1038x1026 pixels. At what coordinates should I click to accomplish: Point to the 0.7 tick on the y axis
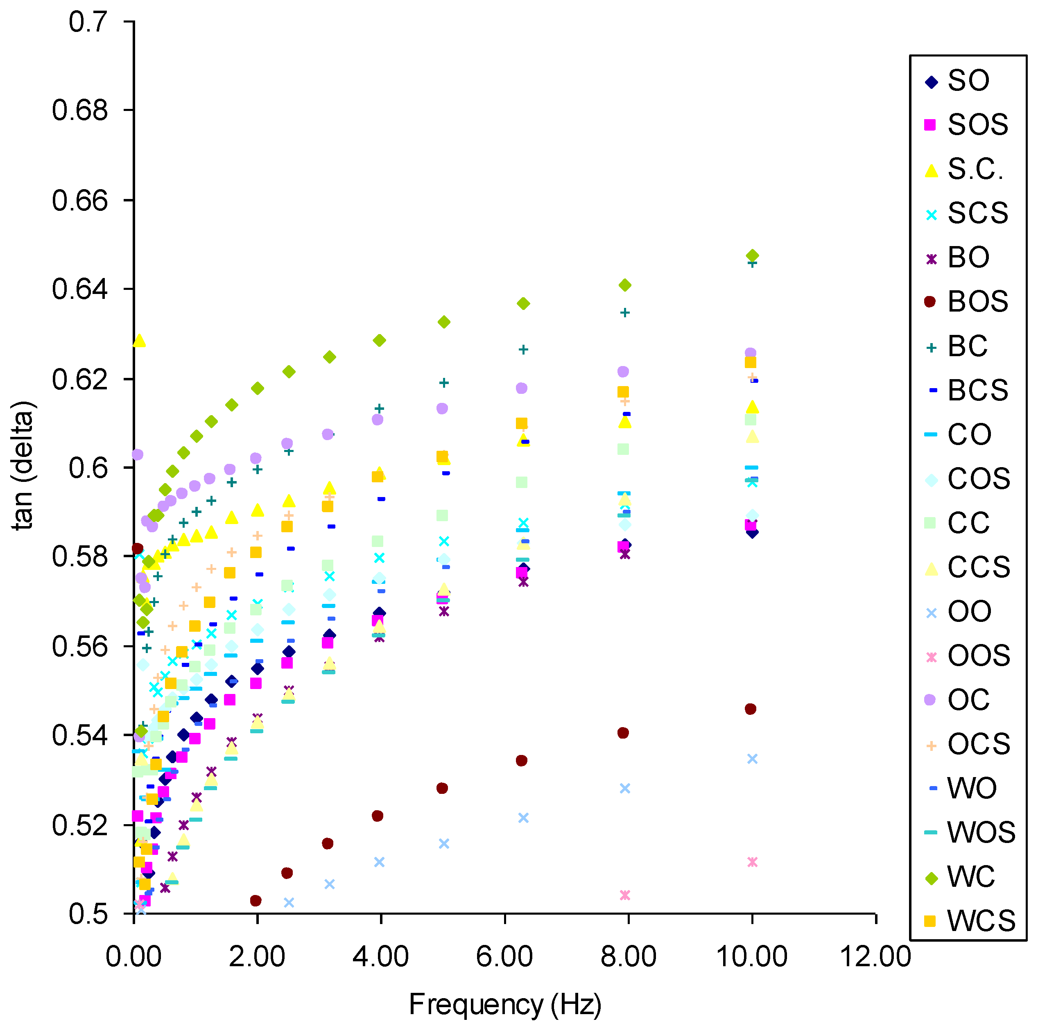[x=88, y=22]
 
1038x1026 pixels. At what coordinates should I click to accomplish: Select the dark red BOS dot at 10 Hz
[x=751, y=709]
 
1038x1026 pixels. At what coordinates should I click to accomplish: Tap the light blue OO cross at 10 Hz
[x=752, y=759]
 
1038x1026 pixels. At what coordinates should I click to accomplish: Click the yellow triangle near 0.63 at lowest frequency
[x=139, y=341]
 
